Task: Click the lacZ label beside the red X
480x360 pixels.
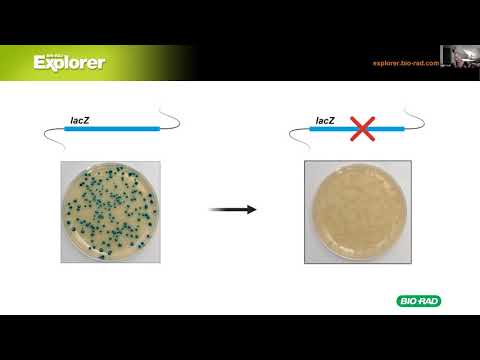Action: (325, 120)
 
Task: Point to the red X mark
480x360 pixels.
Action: (361, 127)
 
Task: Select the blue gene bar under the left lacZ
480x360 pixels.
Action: (109, 129)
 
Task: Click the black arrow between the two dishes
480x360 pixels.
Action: (231, 209)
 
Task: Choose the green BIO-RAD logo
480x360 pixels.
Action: (419, 301)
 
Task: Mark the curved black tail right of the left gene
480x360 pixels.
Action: (171, 124)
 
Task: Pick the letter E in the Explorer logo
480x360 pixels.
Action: (40, 63)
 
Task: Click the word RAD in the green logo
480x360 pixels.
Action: (428, 301)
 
